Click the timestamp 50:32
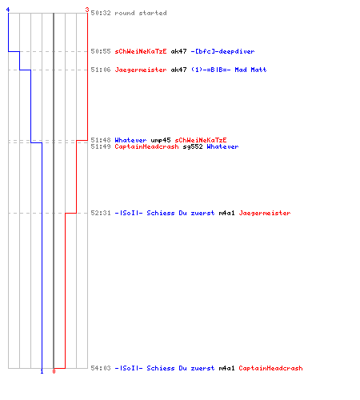point(101,13)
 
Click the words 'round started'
point(141,13)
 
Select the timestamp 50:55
point(101,51)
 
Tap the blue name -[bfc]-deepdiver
point(222,51)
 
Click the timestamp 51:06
point(101,70)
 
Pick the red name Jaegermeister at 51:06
point(141,70)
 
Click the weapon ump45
point(161,140)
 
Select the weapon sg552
point(193,146)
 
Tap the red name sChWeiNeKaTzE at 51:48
point(201,140)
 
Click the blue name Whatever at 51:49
point(222,146)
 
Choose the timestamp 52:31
point(101,213)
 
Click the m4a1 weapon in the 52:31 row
point(226,213)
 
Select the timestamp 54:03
point(101,368)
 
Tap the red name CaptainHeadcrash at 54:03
point(270,368)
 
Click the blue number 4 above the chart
point(8,10)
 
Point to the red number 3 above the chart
point(87,10)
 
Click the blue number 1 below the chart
point(42,371)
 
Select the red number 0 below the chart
point(54,371)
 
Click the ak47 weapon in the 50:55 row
point(178,51)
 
